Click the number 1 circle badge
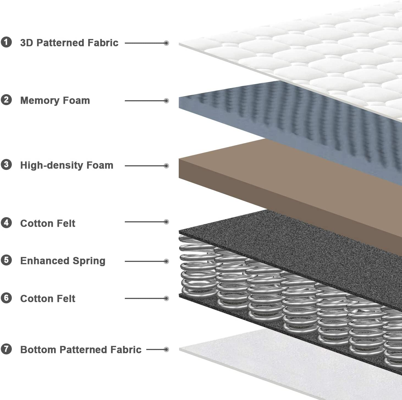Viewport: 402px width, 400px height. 6,42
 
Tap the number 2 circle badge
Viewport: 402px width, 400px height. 6,100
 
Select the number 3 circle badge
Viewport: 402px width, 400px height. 6,165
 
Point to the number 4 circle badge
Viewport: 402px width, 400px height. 6,223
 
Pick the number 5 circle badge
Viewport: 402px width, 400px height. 6,260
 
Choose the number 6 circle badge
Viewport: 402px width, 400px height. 6,298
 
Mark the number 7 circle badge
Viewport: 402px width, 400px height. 6,349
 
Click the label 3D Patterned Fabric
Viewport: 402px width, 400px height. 69,43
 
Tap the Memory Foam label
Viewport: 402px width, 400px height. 55,100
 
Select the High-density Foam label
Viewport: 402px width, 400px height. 67,165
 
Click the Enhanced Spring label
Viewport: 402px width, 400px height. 63,261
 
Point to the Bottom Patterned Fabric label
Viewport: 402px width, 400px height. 81,349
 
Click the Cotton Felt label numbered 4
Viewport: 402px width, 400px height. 48,223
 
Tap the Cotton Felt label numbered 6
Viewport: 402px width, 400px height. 48,298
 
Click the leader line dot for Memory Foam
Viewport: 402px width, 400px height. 166,101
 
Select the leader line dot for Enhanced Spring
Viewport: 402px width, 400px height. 166,261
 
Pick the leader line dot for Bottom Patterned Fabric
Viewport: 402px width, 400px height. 166,349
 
